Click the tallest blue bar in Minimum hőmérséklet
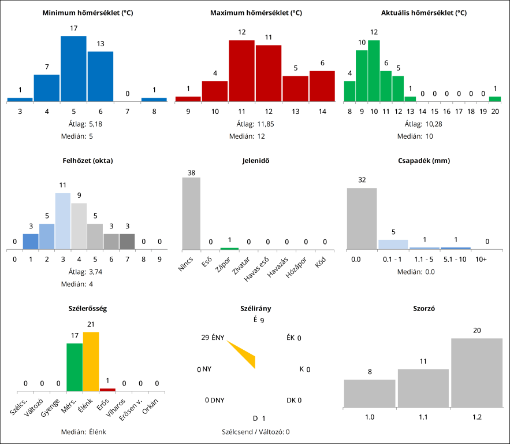(x=73, y=69)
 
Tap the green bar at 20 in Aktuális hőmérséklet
(x=495, y=99)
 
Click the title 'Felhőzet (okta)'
(x=88, y=161)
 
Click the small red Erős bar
(x=107, y=390)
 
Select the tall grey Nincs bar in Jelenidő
(x=191, y=213)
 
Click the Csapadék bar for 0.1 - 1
(x=393, y=245)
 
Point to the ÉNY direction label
(x=218, y=338)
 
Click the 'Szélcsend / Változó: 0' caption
(x=255, y=431)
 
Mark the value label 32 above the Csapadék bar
(x=362, y=180)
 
